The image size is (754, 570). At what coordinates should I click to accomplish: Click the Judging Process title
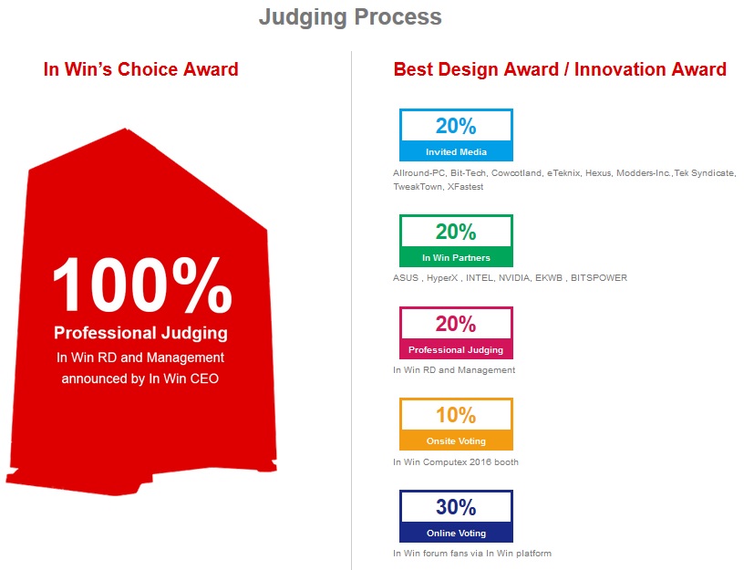(350, 17)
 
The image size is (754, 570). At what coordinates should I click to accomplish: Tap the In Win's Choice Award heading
(141, 69)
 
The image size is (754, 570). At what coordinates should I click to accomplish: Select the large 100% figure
(142, 285)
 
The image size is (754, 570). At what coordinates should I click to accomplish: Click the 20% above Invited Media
(456, 126)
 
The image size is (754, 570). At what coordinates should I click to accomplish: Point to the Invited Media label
(456, 152)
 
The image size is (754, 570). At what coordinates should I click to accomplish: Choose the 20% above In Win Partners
(456, 232)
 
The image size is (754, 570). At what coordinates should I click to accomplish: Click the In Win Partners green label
(456, 258)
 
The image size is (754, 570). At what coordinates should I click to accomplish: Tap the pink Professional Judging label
(456, 349)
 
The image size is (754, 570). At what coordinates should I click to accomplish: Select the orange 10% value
(456, 415)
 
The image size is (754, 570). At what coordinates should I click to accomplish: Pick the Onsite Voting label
(456, 441)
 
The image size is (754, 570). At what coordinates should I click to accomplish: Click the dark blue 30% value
(456, 507)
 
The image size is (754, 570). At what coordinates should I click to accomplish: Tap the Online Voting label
(456, 533)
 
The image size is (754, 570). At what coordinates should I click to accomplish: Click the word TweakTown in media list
(418, 187)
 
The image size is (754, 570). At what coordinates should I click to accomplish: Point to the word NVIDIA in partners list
(514, 278)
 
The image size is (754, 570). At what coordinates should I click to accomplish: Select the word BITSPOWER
(599, 278)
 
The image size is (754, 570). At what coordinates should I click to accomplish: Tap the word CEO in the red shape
(204, 379)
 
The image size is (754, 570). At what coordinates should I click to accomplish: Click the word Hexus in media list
(598, 173)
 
